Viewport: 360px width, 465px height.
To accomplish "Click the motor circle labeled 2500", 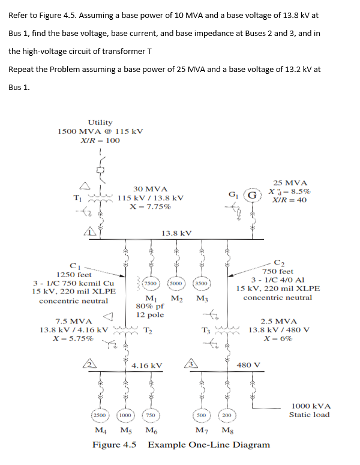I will [x=99, y=415].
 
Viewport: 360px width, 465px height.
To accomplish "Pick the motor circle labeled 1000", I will [x=125, y=415].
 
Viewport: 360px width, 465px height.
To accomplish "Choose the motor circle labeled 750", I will [x=151, y=415].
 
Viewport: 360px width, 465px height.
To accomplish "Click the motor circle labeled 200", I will [x=226, y=415].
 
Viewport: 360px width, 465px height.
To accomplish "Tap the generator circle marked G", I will [x=254, y=194].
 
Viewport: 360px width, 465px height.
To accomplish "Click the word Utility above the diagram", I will [x=100, y=122].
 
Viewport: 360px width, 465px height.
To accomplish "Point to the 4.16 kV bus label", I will [x=147, y=365].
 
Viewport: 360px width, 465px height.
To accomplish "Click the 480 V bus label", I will [x=248, y=364].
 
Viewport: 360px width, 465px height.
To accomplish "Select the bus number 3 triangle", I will [x=188, y=364].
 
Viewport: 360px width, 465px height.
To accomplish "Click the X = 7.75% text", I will [x=150, y=206].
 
